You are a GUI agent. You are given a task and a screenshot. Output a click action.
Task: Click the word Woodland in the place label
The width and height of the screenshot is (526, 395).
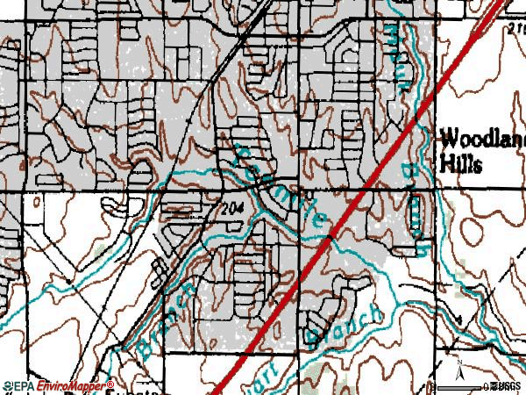[x=481, y=140]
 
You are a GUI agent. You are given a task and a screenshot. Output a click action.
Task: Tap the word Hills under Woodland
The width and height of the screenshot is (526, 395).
[x=460, y=165]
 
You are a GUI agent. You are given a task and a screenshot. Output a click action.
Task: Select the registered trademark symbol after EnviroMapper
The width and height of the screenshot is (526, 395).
[x=111, y=383]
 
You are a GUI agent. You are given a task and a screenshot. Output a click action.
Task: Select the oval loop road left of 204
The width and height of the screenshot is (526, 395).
[x=117, y=205]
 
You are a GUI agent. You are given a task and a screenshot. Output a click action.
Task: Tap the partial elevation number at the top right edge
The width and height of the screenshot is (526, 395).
[x=515, y=28]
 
